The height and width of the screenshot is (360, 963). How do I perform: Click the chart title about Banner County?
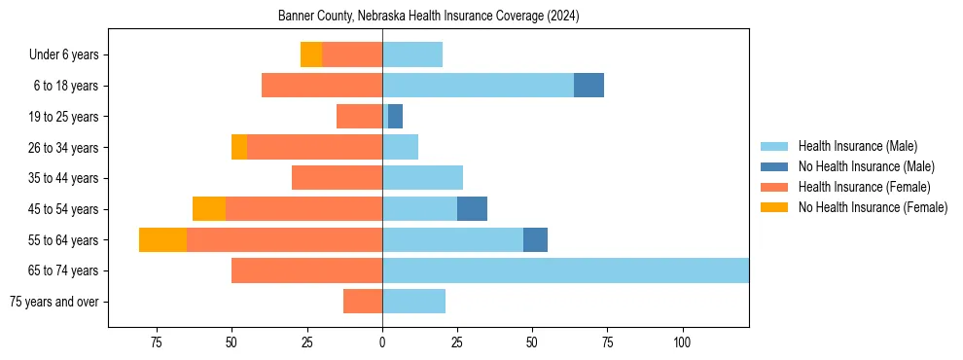pos(428,17)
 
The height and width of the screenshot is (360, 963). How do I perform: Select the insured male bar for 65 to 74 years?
pos(565,270)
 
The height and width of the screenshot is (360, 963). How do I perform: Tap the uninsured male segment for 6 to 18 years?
pos(588,86)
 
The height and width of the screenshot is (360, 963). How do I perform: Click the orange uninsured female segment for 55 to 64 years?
pos(162,240)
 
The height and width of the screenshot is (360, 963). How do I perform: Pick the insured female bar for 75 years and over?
pos(363,302)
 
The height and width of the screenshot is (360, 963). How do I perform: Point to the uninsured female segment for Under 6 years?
pos(311,54)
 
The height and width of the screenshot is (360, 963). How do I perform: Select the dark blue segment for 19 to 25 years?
pos(395,117)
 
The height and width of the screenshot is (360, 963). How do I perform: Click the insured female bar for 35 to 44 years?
pos(337,178)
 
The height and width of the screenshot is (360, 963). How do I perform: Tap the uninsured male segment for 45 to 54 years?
pos(472,209)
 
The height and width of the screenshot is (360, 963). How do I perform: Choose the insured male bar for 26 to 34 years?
pos(400,147)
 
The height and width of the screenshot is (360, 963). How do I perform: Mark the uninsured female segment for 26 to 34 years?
pos(239,147)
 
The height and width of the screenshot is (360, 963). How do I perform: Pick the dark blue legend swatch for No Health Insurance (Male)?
pos(774,166)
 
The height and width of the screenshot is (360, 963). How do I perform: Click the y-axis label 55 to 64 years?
pos(65,240)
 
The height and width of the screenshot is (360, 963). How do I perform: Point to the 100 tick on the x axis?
pos(682,342)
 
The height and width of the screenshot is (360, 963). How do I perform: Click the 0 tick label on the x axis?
pos(382,342)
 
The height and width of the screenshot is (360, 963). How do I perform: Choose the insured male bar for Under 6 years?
pos(412,54)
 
